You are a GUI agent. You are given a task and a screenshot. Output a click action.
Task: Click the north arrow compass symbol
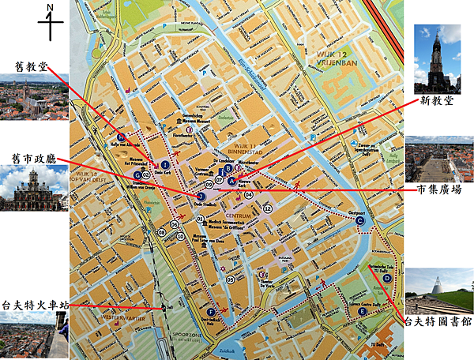[51, 21]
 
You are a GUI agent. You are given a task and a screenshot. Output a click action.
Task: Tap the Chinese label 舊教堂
[32, 68]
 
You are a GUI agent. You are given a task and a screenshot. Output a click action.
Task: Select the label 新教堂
[438, 101]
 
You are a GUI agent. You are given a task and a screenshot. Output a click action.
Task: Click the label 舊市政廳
[32, 158]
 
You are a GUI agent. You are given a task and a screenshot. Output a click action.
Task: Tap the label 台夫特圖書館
[439, 321]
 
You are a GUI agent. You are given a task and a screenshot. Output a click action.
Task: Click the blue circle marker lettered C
[359, 221]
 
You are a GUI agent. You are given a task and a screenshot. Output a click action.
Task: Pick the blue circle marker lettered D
[387, 278]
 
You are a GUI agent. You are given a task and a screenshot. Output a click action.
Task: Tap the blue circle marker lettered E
[363, 311]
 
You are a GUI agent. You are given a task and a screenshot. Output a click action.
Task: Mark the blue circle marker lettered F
[211, 313]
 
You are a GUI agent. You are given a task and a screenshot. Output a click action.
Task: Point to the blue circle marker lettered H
[121, 135]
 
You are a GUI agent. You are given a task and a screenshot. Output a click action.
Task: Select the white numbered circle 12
[269, 208]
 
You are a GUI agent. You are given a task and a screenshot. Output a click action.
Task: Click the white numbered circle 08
[161, 231]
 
